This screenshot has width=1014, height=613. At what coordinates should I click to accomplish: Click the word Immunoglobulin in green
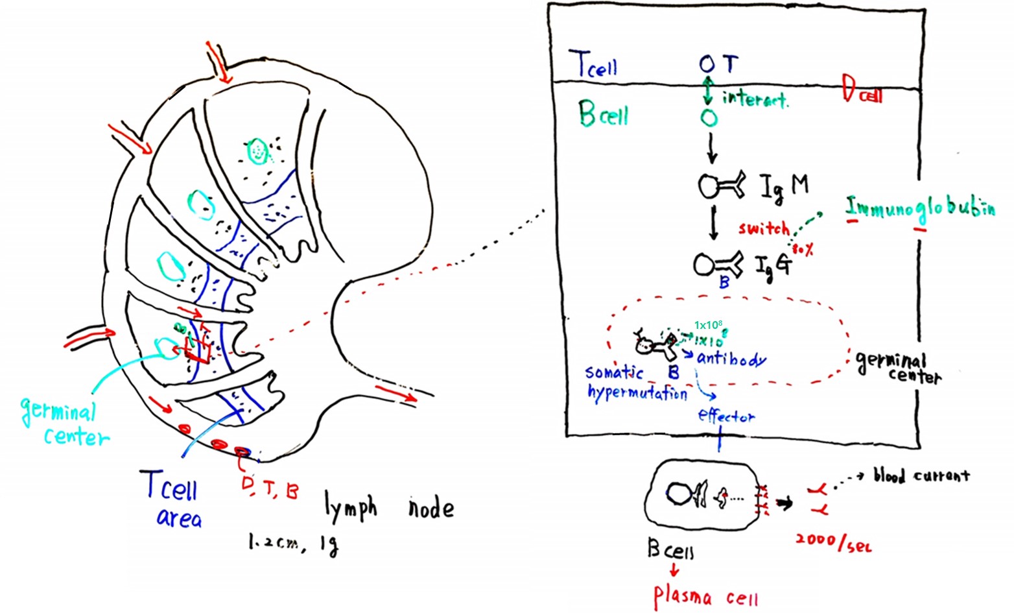click(x=920, y=208)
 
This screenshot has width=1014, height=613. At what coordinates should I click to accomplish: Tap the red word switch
click(x=764, y=228)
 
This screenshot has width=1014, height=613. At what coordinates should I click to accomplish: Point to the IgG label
click(x=773, y=265)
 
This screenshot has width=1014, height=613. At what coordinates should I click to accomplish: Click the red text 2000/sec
click(x=833, y=542)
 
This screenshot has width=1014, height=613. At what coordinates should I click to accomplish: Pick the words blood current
click(x=921, y=475)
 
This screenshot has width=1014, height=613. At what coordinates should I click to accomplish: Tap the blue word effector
click(x=726, y=416)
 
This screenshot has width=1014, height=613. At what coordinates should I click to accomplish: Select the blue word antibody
click(x=731, y=359)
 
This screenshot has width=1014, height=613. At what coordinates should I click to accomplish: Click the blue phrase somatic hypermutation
click(x=635, y=383)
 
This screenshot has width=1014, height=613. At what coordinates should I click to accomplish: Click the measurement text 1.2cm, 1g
click(x=292, y=544)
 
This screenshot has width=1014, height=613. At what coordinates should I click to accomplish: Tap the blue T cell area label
click(x=171, y=498)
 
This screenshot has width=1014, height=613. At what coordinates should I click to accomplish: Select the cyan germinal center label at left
click(x=64, y=422)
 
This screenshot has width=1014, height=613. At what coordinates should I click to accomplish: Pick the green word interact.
click(x=755, y=99)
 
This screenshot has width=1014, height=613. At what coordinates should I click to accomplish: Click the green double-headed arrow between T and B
click(x=708, y=90)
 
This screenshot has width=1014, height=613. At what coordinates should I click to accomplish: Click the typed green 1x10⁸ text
click(x=708, y=325)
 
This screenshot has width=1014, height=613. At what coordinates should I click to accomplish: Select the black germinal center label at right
click(x=897, y=367)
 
